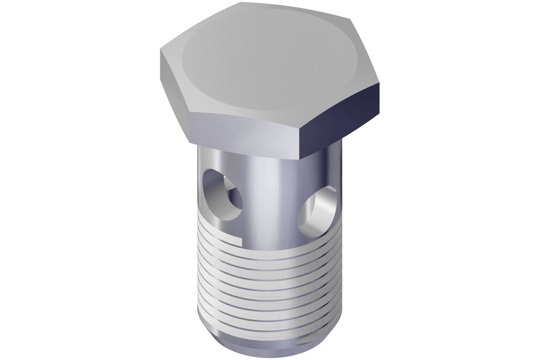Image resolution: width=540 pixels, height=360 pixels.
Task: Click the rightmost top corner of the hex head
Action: (379, 83)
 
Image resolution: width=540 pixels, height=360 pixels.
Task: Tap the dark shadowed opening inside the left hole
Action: (231, 198)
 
